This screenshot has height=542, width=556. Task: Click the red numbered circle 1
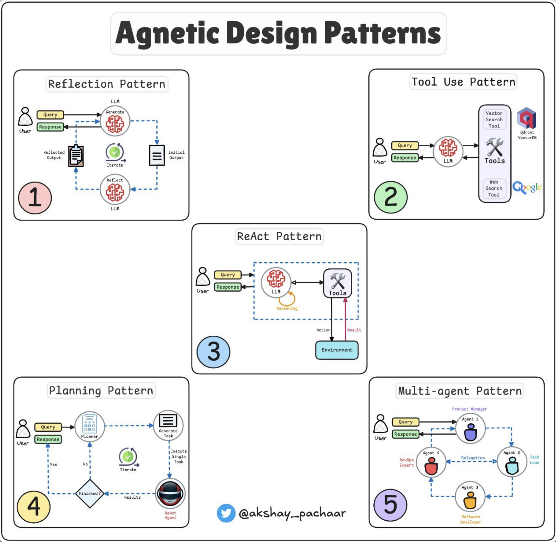pos(35,198)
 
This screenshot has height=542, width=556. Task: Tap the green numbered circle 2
pos(390,197)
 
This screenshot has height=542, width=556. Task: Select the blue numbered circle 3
pos(213,352)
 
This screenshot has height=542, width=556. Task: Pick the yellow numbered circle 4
pos(34,506)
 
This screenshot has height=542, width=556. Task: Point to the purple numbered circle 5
pos(390,505)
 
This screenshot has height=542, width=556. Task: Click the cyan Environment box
pos(337,350)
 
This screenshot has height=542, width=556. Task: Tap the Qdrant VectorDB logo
pos(527,118)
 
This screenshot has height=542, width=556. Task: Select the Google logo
pos(527,187)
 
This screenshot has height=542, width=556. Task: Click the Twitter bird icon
pos(226,513)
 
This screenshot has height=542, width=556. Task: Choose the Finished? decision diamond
pos(90,493)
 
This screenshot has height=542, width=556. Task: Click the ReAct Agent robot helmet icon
pos(170,493)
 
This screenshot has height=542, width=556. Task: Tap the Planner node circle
pos(90,426)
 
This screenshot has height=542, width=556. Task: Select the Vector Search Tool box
pos(494,120)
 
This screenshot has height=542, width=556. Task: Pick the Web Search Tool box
pos(494,188)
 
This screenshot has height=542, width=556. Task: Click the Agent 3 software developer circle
pos(470,497)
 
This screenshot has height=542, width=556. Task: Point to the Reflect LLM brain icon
pos(115,191)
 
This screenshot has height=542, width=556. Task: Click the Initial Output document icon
pos(157,155)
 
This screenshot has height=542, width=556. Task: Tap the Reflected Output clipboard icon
pos(76,156)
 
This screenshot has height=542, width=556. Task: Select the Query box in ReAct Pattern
pos(228,275)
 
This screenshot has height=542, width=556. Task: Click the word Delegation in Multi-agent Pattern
pos(473,458)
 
